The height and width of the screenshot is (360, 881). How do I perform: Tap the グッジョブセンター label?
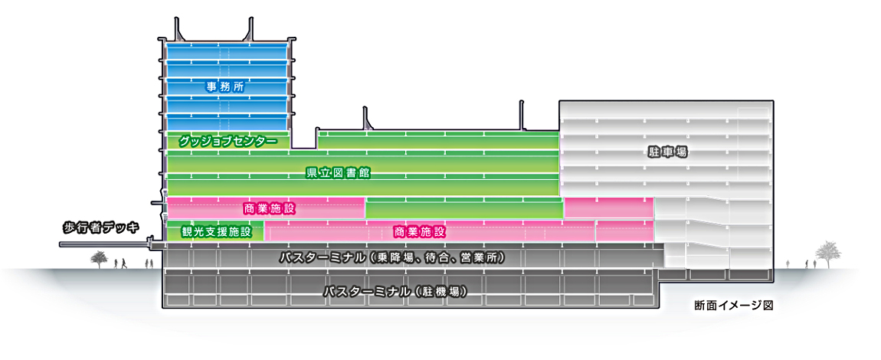click(228, 141)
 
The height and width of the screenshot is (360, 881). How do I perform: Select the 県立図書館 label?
click(337, 172)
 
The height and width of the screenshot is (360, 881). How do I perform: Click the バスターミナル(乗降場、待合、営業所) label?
click(393, 258)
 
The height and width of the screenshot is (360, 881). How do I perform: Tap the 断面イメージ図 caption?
click(733, 306)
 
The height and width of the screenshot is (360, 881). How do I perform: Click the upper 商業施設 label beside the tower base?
click(269, 209)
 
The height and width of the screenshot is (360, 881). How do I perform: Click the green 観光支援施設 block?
click(215, 231)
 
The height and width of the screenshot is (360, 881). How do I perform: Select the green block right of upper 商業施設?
click(464, 208)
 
